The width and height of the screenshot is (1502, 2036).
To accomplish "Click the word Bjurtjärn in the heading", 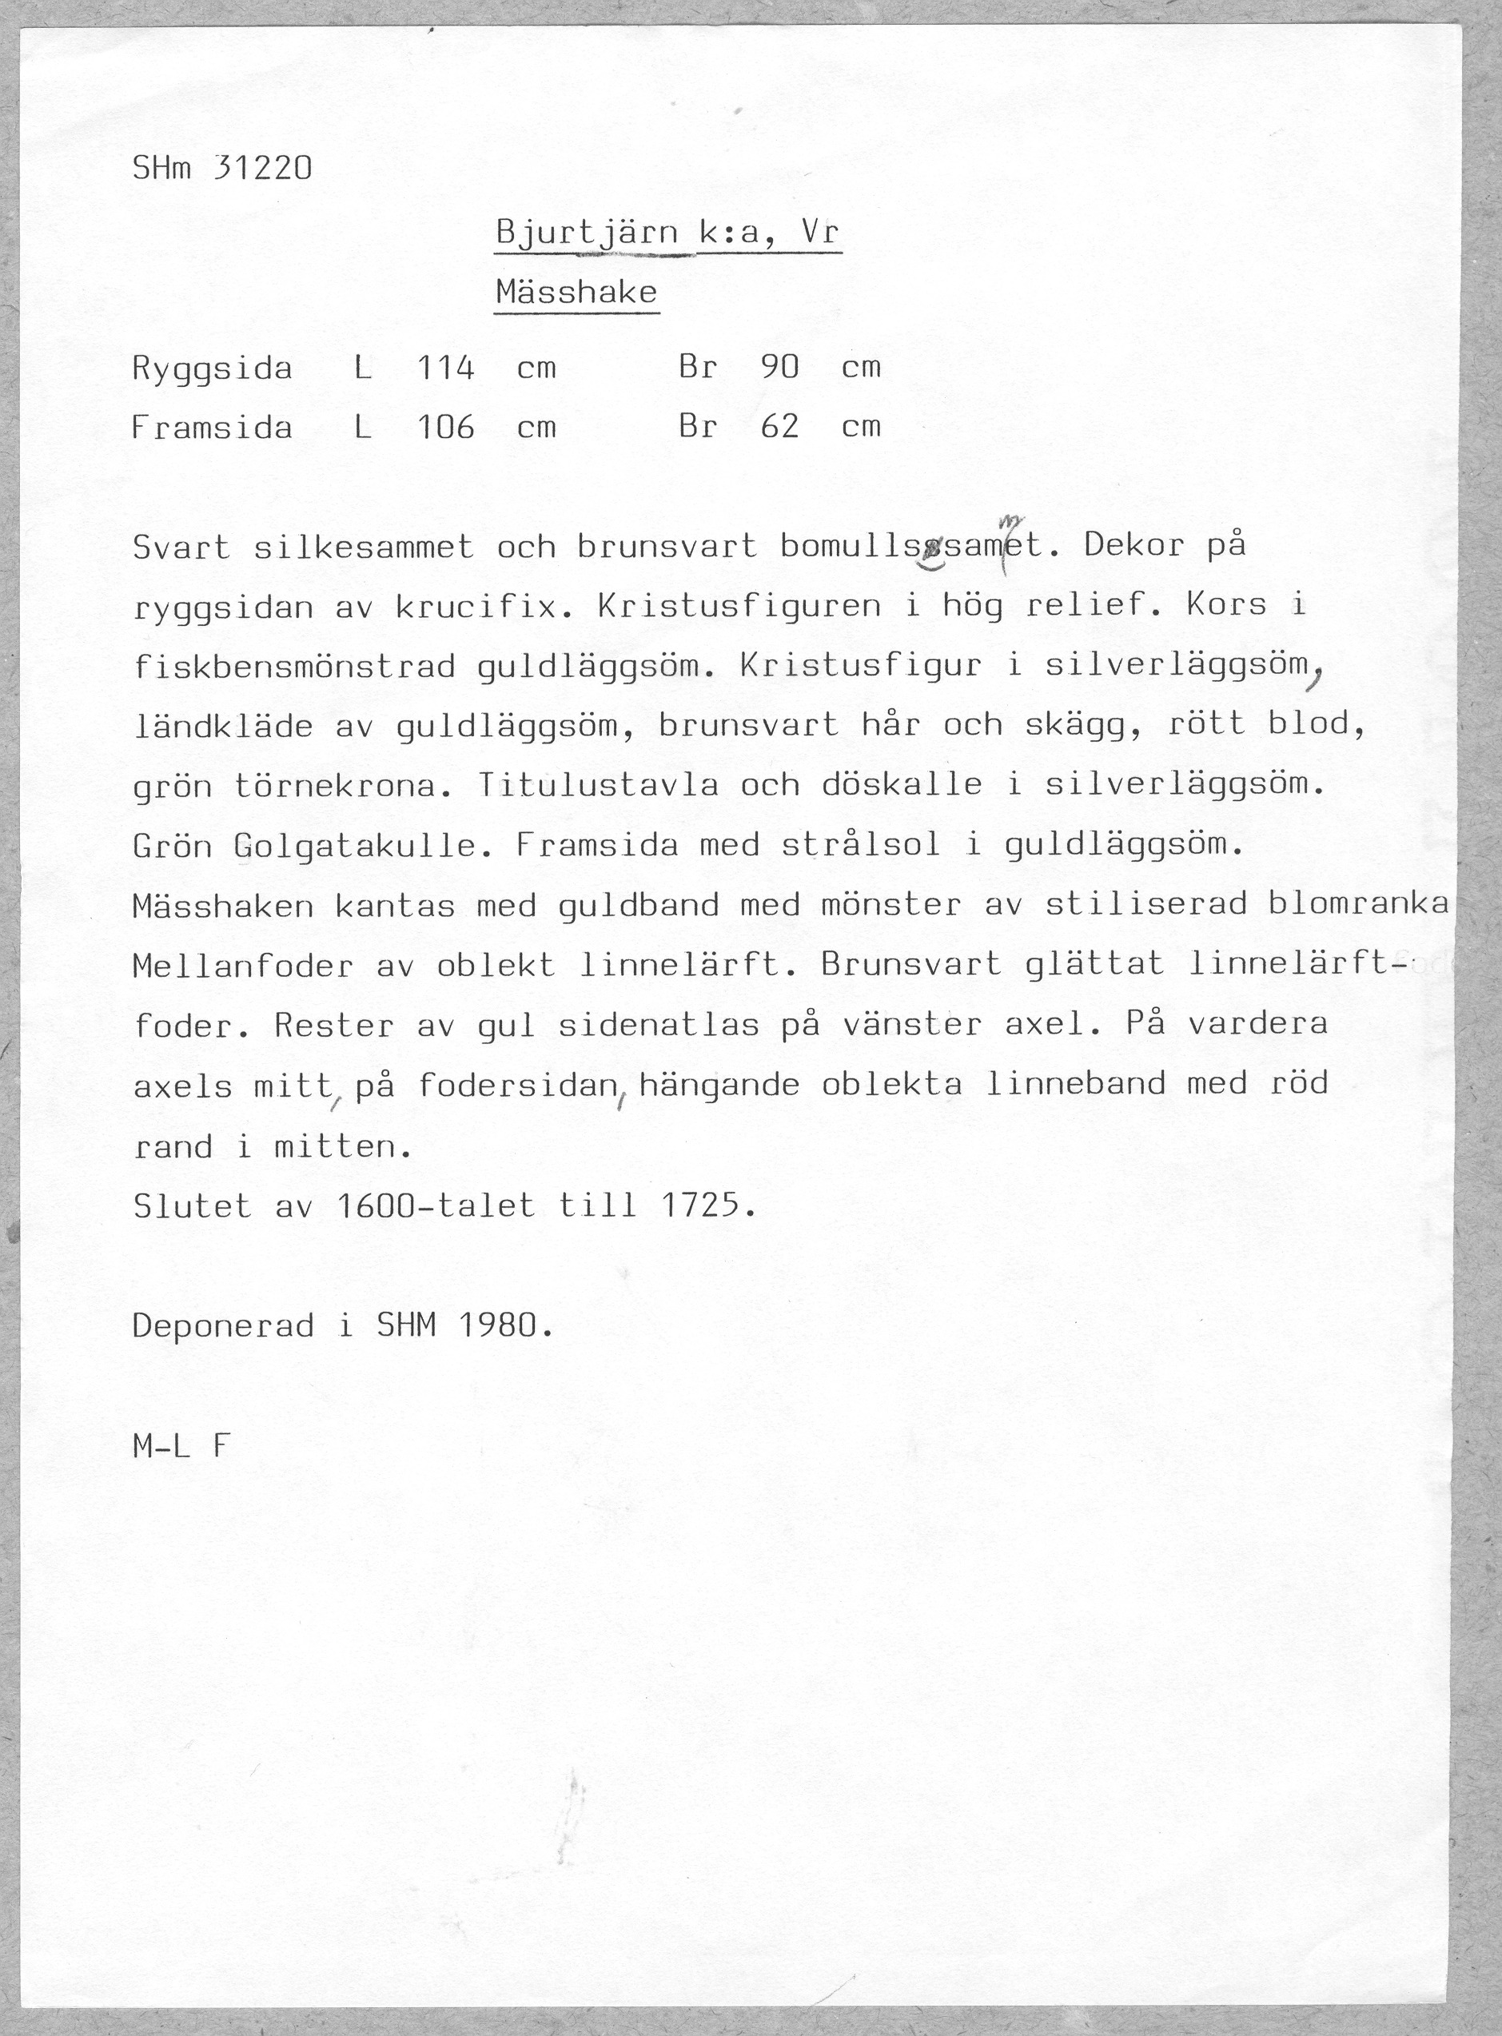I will click(x=588, y=234).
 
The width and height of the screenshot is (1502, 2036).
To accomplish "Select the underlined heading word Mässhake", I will click(x=576, y=293).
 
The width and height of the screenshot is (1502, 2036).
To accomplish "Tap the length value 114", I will click(x=445, y=368).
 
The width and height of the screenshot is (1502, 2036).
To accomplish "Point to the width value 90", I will click(x=780, y=368).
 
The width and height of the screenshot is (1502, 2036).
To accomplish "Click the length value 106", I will click(x=445, y=427).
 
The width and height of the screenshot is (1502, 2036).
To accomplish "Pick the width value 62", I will click(x=780, y=427).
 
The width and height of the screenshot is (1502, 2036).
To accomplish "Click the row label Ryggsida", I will click(x=213, y=369).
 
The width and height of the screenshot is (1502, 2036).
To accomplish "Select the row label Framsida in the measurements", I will click(x=213, y=428).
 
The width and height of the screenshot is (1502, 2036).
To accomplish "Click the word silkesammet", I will click(x=364, y=548).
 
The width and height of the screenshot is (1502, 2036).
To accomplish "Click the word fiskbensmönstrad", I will click(x=293, y=667).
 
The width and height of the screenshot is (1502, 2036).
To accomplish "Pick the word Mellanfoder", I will click(x=243, y=966).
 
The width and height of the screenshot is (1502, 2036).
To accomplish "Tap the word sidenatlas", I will click(x=658, y=1026).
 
